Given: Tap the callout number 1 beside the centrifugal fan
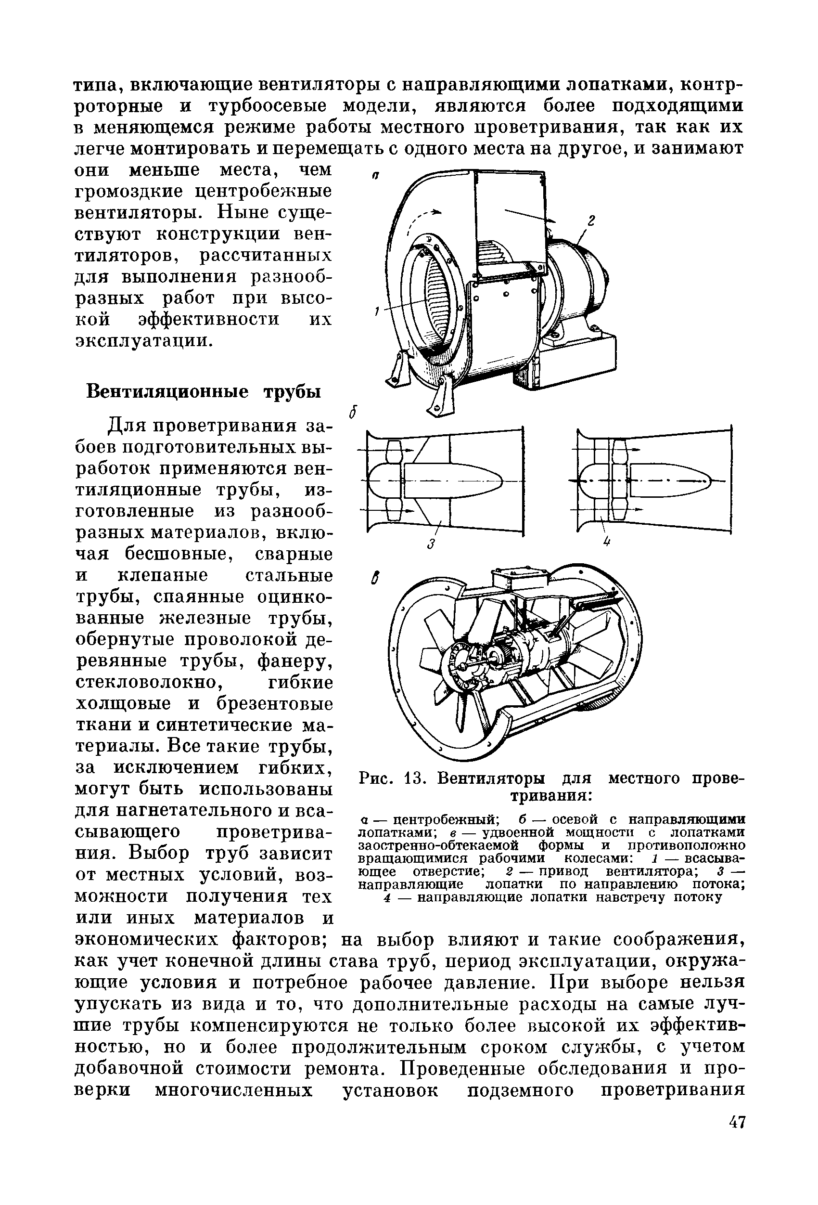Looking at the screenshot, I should pyautogui.click(x=377, y=311).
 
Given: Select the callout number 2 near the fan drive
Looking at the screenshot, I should pyautogui.click(x=590, y=220).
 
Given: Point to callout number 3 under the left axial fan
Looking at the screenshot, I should pyautogui.click(x=430, y=544).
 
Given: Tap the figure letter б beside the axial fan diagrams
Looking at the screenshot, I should pyautogui.click(x=353, y=412).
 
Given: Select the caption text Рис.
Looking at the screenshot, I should pyautogui.click(x=375, y=779).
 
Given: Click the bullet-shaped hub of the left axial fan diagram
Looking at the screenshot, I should pyautogui.click(x=451, y=478).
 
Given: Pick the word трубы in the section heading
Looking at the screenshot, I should pyautogui.click(x=291, y=390).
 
